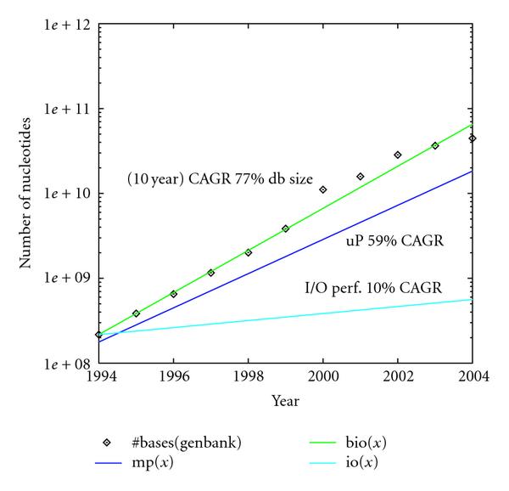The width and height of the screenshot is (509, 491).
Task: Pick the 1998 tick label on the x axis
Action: click(x=248, y=378)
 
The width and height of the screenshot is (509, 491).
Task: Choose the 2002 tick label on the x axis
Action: click(x=397, y=378)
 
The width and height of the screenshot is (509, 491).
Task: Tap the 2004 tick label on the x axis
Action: click(x=472, y=378)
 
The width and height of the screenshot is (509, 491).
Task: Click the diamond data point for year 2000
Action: click(x=323, y=189)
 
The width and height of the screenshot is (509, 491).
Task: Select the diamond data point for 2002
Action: click(x=398, y=155)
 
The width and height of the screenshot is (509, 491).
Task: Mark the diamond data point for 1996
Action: click(x=174, y=294)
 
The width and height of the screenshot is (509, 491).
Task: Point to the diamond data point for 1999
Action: click(x=286, y=229)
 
